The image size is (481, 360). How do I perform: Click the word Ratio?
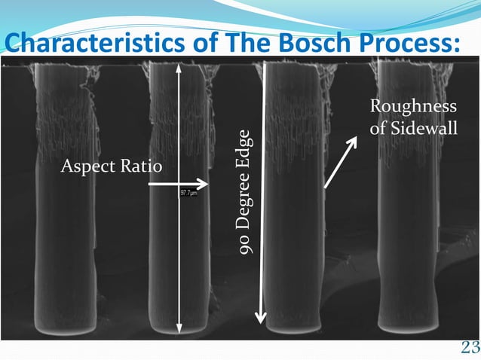click(x=140, y=166)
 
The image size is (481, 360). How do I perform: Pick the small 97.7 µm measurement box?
click(x=188, y=194)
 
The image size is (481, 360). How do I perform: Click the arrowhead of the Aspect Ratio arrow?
click(x=203, y=184)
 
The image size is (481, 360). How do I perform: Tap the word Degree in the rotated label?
click(x=244, y=197)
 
